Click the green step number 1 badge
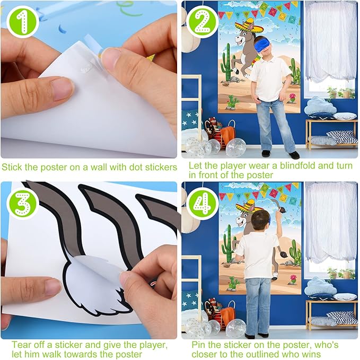(x=23, y=22)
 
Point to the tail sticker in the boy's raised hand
(x=278, y=206)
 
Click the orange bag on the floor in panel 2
(x=228, y=135)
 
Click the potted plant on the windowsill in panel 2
(x=332, y=93)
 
